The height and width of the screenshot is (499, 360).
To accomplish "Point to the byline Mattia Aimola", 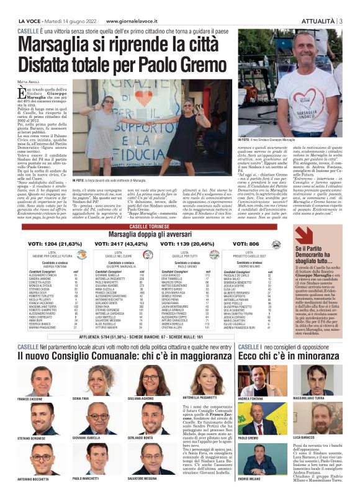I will click(28, 81).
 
